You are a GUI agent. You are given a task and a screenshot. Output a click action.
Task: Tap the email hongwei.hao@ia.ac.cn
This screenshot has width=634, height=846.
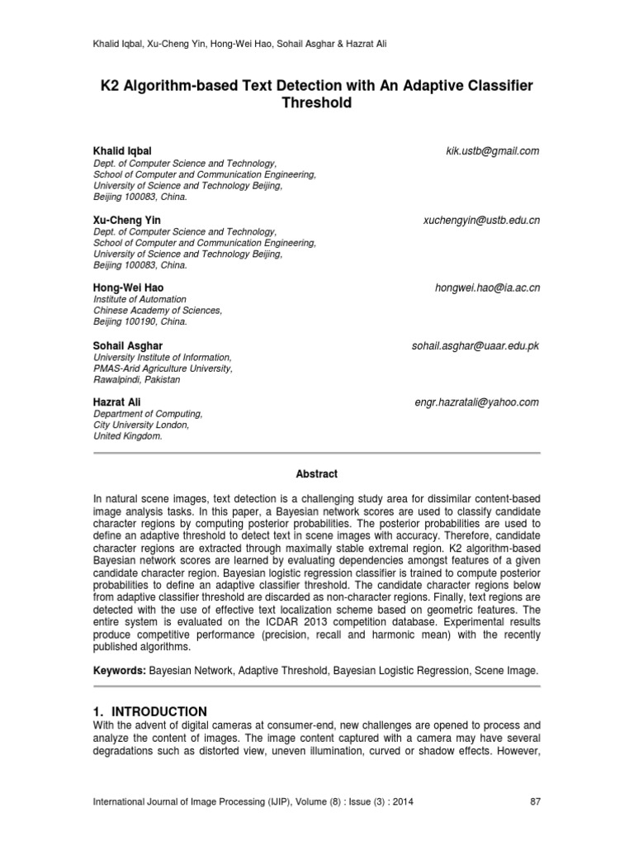tap(487, 288)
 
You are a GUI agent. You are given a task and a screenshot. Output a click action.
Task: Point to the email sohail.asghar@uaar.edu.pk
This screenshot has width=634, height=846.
tap(475, 345)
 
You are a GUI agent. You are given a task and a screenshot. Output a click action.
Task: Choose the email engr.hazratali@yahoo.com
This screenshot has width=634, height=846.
tap(476, 402)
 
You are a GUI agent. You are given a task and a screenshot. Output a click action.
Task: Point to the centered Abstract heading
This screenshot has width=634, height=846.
tap(317, 474)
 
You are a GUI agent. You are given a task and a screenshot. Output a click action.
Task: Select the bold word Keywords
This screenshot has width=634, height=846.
tap(121, 673)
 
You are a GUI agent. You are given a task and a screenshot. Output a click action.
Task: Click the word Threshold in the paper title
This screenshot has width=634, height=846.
tap(317, 103)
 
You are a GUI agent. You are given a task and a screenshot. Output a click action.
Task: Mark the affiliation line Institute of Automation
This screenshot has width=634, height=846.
tap(140, 299)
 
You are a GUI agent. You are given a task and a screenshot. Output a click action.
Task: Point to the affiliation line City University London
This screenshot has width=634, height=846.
tap(142, 425)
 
